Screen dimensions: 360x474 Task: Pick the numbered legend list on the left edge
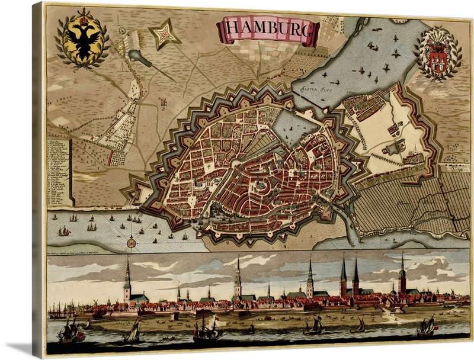click(58, 172)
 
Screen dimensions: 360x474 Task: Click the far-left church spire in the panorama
click(127, 278)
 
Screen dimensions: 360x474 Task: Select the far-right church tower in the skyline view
click(402, 274)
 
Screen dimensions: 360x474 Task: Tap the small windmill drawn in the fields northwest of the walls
click(122, 30)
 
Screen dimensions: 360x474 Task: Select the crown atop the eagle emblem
click(84, 12)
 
